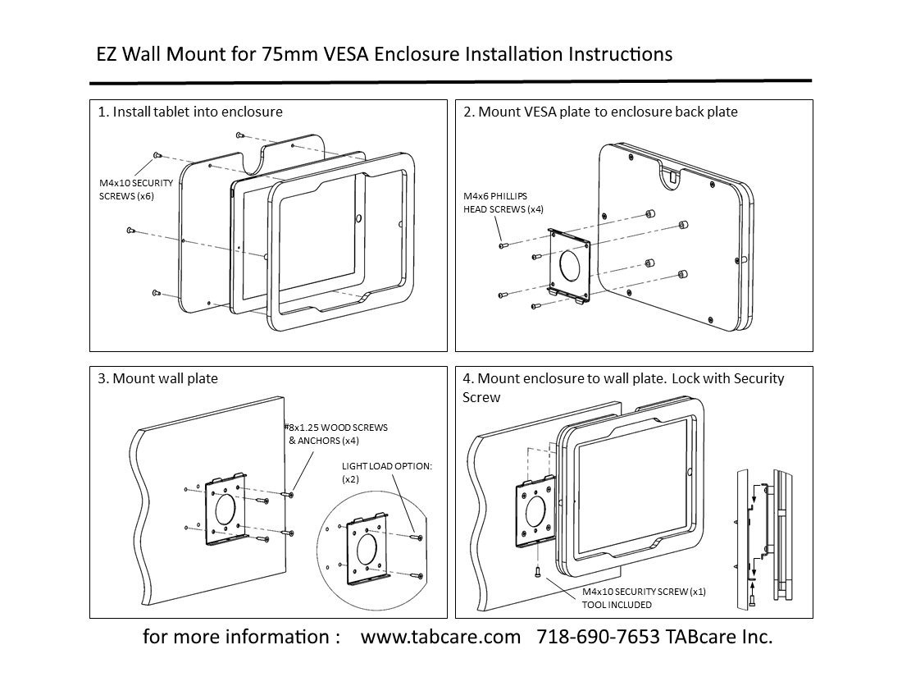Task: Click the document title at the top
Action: [384, 54]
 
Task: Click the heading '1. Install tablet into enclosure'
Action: [190, 112]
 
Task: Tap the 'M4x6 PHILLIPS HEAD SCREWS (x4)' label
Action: [502, 203]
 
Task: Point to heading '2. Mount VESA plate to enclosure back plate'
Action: [599, 112]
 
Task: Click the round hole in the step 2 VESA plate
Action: [569, 264]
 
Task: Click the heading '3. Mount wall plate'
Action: [157, 378]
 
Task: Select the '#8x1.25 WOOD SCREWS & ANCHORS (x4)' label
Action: [336, 434]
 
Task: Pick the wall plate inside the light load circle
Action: [367, 551]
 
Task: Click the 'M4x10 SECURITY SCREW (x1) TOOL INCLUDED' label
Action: [643, 597]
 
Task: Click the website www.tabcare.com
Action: [440, 638]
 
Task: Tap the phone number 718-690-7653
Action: [598, 638]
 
